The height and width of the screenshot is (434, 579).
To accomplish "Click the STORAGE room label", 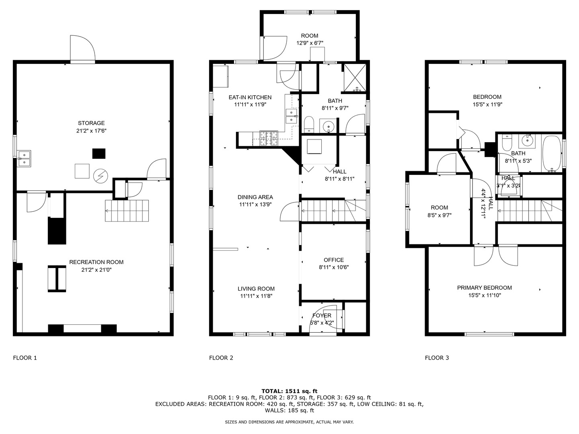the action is pyautogui.click(x=91, y=123).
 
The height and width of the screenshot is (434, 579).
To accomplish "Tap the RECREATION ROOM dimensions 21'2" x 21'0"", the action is pyautogui.click(x=96, y=270).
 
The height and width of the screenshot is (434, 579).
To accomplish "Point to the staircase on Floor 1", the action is pyautogui.click(x=127, y=211).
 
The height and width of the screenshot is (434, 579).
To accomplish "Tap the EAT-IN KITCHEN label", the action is pyautogui.click(x=250, y=97).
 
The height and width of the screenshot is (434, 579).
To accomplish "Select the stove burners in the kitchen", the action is pyautogui.click(x=269, y=139).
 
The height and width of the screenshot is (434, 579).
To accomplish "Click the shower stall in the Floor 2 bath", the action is pyautogui.click(x=354, y=78).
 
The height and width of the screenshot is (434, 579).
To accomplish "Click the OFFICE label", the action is pyautogui.click(x=334, y=260).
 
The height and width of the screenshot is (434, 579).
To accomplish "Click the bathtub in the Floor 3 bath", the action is pyautogui.click(x=551, y=154).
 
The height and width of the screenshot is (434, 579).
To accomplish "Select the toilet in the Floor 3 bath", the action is pyautogui.click(x=506, y=142).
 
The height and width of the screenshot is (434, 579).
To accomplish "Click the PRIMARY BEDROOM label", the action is pyautogui.click(x=484, y=288).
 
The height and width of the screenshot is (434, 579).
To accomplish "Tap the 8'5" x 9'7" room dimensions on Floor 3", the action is pyautogui.click(x=439, y=215).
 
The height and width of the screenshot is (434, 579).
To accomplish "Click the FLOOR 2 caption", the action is pyautogui.click(x=221, y=358).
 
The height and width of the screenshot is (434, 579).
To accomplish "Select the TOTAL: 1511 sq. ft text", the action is pyautogui.click(x=289, y=391).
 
